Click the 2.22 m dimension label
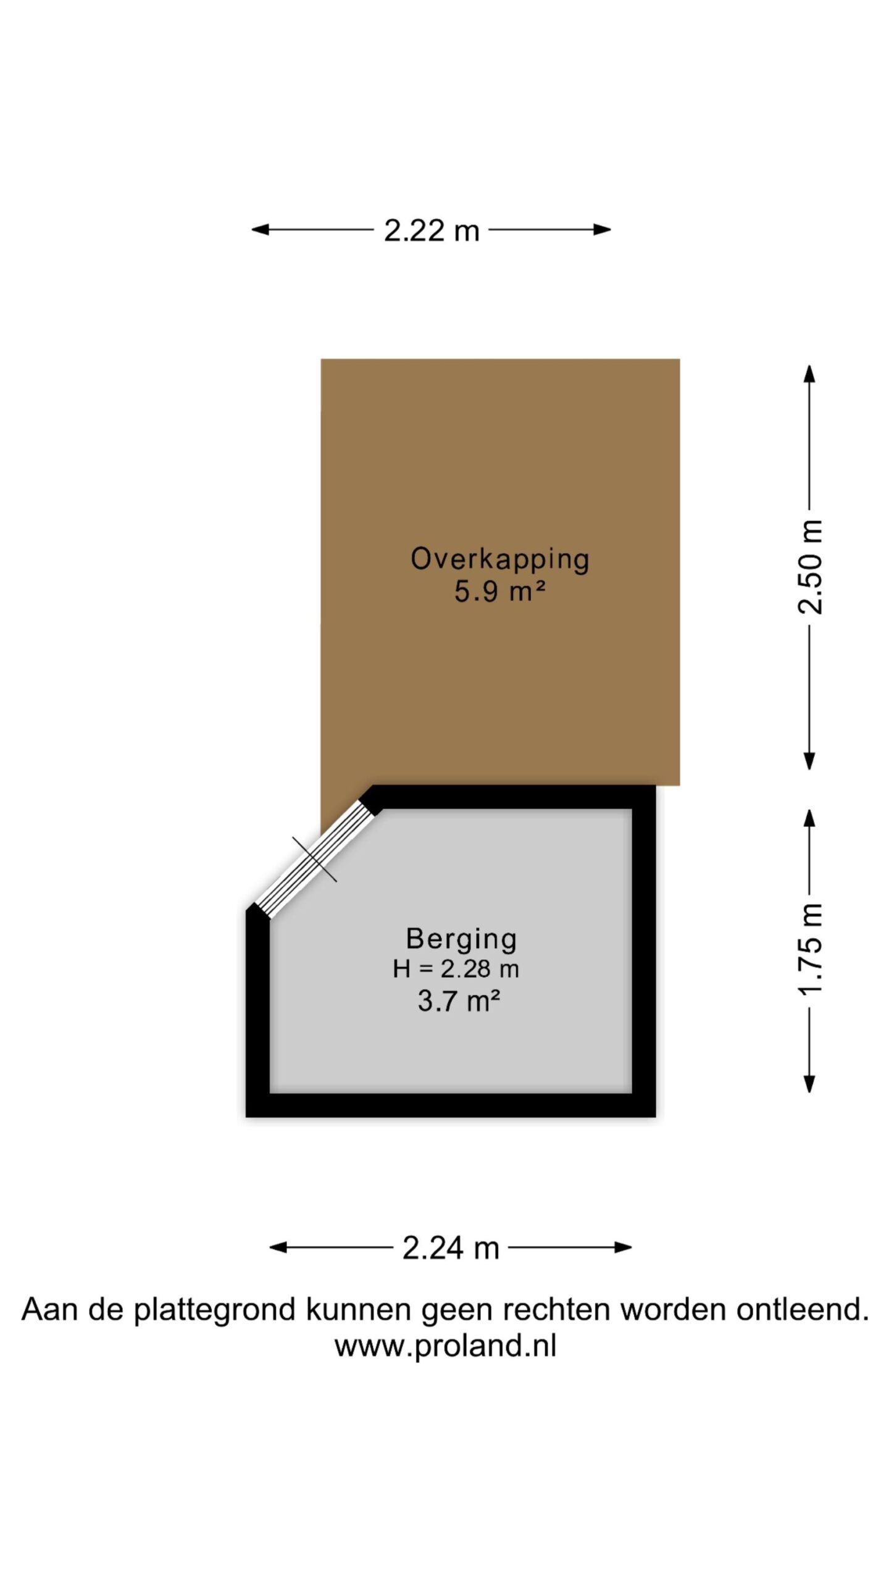432,230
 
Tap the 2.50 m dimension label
810,567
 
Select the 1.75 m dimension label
810,949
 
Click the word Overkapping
500,560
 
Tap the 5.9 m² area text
500,592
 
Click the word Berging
461,939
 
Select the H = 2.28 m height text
456,968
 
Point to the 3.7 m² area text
459,1001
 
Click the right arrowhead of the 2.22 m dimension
602,230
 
